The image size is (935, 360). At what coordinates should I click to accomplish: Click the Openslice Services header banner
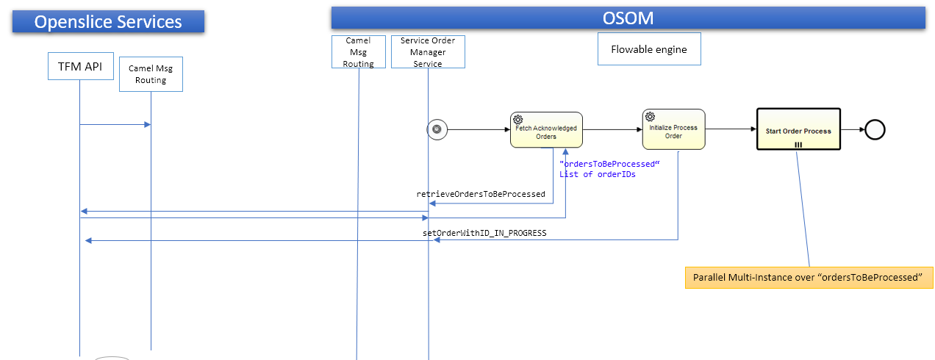[108, 21]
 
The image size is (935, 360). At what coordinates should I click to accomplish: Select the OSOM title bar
[628, 18]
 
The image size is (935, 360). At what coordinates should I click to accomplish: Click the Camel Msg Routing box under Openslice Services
[151, 74]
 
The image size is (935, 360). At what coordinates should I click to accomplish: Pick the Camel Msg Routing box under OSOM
[358, 52]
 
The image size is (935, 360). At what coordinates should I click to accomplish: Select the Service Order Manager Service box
[428, 52]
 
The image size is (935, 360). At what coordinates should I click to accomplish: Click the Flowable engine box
[649, 49]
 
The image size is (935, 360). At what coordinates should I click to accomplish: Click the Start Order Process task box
[798, 130]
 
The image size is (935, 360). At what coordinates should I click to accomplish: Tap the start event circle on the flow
[437, 129]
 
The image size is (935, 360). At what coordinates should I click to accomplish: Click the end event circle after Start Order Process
[875, 130]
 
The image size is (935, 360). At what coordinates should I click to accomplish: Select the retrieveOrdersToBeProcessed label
[481, 195]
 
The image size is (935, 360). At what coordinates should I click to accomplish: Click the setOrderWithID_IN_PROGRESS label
[484, 233]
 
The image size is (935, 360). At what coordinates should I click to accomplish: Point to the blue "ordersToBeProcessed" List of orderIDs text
[606, 168]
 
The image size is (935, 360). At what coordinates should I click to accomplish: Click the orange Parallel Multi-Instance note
[809, 278]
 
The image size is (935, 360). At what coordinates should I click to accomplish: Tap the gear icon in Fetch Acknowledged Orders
[518, 120]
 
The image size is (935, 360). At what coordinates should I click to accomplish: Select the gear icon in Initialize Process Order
[650, 116]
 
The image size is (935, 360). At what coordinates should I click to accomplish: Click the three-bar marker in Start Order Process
[798, 145]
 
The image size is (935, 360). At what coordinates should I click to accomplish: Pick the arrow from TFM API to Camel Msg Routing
[115, 124]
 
